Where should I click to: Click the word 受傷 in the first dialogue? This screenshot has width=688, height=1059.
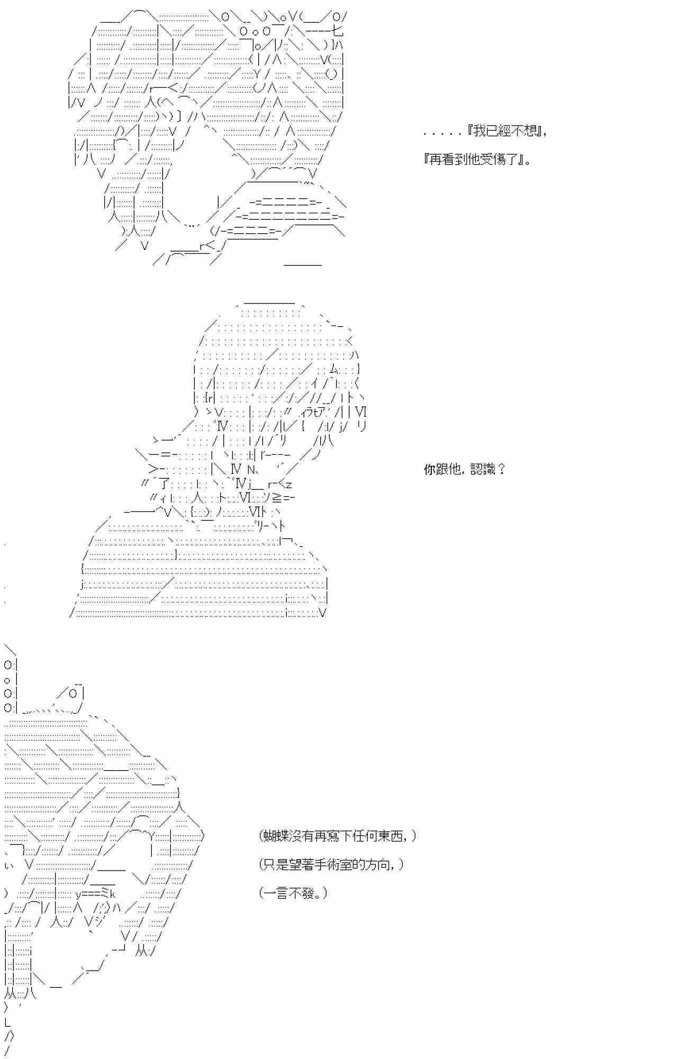[x=492, y=159]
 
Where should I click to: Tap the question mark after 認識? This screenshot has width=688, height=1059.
[x=502, y=469]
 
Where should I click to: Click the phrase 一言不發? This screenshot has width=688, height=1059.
[x=293, y=893]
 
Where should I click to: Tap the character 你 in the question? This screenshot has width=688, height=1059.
[x=429, y=469]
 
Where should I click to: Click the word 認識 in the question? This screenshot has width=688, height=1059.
[x=484, y=469]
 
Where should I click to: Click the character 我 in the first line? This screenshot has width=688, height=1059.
[x=479, y=131]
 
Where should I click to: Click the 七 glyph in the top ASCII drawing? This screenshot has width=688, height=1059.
[x=337, y=31]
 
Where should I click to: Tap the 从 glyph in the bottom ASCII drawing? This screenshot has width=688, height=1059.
[x=140, y=952]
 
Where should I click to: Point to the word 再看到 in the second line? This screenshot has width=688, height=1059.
[x=448, y=159]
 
